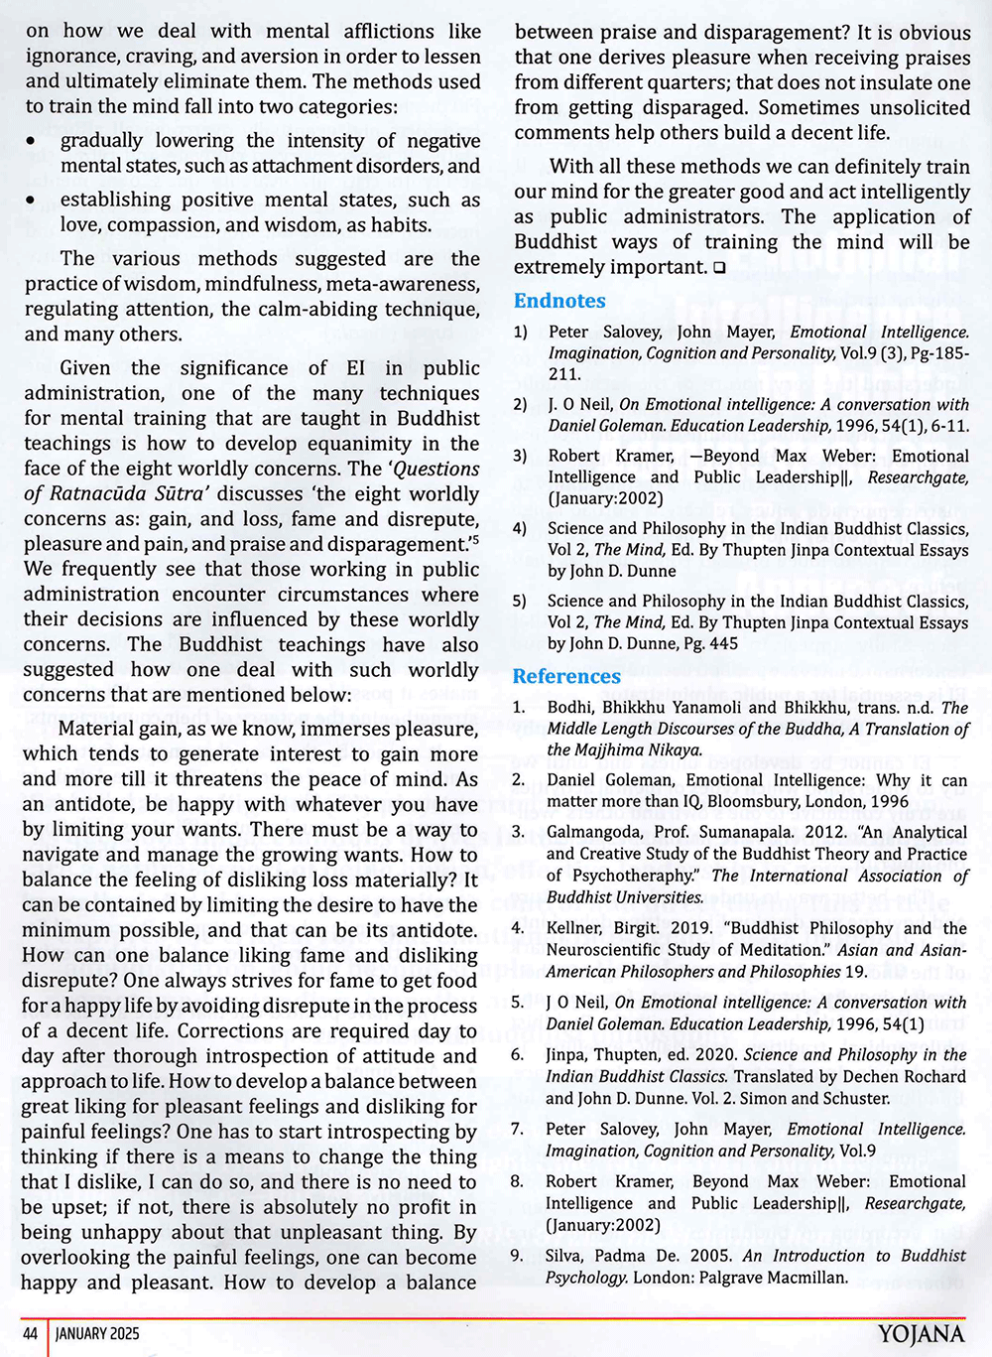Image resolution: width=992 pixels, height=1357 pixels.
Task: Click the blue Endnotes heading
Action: coord(559,301)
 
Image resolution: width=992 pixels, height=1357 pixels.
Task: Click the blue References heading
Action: coord(566,676)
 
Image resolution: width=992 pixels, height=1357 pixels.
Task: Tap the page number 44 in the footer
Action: coord(30,1333)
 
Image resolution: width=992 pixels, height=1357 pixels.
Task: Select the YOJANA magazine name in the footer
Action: coord(921,1334)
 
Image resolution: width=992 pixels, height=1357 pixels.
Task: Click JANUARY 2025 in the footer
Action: coord(97,1333)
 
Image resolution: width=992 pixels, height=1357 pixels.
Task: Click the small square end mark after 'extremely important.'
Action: coord(719,268)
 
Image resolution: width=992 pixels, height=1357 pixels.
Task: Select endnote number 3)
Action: coord(520,456)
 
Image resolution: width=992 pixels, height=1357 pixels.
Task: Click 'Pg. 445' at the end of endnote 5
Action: coord(709,643)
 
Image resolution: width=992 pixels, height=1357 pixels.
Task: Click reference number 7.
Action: coord(517,1129)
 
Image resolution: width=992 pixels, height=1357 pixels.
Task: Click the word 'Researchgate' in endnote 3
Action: coord(918,477)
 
